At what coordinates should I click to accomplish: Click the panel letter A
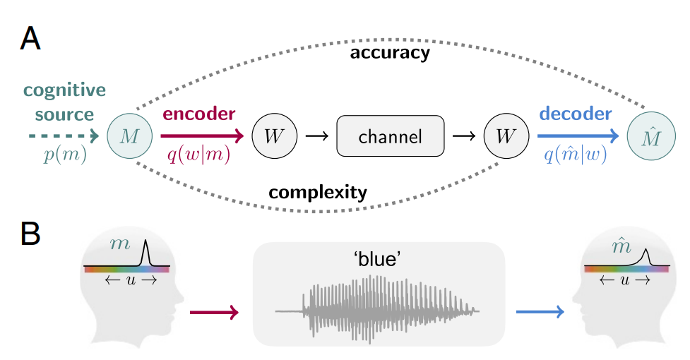tap(30, 40)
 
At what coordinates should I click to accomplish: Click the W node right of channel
tap(504, 136)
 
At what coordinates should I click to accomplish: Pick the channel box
tap(391, 136)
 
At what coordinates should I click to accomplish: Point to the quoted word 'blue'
tap(378, 259)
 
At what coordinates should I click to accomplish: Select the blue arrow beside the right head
tap(540, 311)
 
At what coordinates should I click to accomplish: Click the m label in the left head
tap(120, 245)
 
